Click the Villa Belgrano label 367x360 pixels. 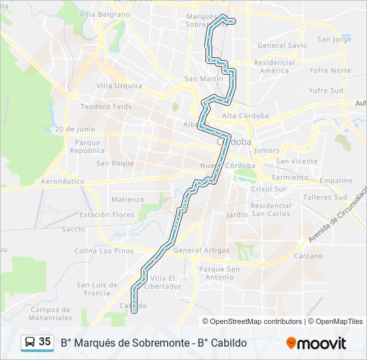[x=105, y=14]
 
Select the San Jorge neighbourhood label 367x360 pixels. [x=334, y=39]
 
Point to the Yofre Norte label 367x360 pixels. [x=330, y=71]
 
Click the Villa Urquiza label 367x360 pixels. [x=119, y=85]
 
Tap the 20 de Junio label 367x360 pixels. [x=75, y=129]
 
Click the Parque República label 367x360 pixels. [x=88, y=147]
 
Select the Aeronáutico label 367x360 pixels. [x=65, y=181]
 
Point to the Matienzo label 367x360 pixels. [x=127, y=199]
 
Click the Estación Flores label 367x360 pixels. [x=107, y=215]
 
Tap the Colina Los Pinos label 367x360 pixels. [x=103, y=251]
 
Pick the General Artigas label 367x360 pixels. [x=201, y=250]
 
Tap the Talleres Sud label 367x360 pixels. [x=325, y=197]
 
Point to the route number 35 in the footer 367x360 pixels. [x=45, y=342]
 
